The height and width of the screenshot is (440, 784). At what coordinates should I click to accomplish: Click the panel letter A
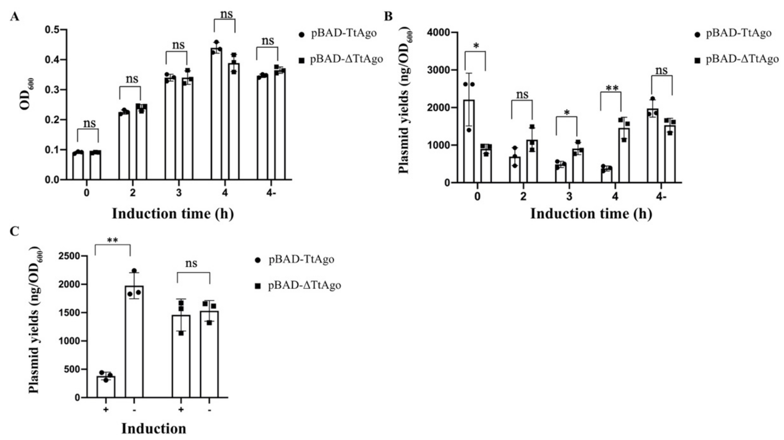pyautogui.click(x=14, y=17)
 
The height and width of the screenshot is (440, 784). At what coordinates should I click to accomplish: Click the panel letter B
pyautogui.click(x=388, y=16)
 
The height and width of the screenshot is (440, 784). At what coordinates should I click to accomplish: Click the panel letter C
pyautogui.click(x=14, y=232)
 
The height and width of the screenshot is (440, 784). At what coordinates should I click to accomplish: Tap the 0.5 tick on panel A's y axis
pyautogui.click(x=52, y=30)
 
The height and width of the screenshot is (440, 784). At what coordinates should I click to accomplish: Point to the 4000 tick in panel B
pyautogui.click(x=438, y=32)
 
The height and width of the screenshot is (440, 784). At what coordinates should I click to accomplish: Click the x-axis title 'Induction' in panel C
pyautogui.click(x=154, y=428)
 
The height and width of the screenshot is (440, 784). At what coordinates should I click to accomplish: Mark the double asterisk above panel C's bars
pyautogui.click(x=113, y=240)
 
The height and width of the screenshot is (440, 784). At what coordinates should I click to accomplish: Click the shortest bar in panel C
pyautogui.click(x=106, y=387)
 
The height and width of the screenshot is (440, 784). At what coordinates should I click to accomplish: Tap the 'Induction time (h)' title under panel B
pyautogui.click(x=591, y=214)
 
